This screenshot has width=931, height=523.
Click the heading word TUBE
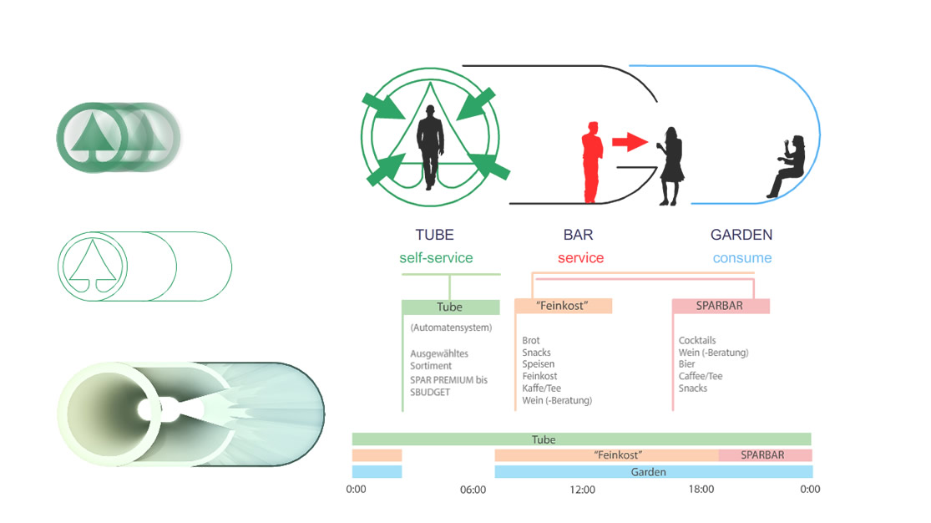[434, 235]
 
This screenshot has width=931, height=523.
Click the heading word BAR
[578, 235]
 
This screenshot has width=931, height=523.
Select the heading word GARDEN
[741, 235]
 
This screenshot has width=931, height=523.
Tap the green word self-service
[436, 258]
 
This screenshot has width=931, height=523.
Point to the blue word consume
[742, 258]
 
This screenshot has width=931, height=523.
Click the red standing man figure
[593, 163]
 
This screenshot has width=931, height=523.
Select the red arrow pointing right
[629, 141]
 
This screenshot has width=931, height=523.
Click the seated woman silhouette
[789, 166]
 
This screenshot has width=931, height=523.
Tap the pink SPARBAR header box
[721, 306]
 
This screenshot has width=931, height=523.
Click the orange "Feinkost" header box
[563, 306]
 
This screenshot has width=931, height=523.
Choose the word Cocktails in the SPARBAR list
[697, 341]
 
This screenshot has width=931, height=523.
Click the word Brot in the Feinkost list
[531, 341]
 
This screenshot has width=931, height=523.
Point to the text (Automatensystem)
[452, 328]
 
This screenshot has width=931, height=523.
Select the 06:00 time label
[473, 490]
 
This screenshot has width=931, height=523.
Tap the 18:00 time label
[701, 490]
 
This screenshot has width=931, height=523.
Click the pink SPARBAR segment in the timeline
[765, 455]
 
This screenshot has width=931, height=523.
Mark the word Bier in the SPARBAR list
[687, 364]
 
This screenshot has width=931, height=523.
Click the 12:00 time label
[582, 490]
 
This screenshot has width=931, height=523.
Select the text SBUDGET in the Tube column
[430, 392]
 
